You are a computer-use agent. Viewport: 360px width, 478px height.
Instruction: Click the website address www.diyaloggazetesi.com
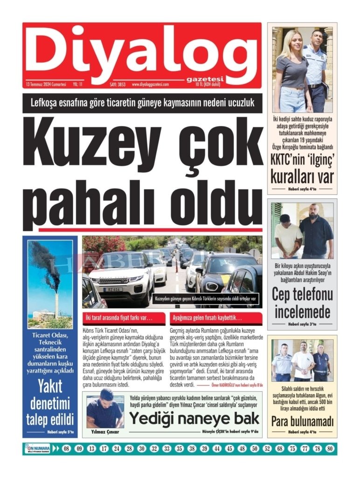(157, 84)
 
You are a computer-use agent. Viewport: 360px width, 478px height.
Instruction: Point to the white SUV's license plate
(113, 289)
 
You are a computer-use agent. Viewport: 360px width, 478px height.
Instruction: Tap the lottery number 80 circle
(330, 449)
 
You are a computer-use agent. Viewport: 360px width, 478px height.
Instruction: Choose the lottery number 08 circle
(67, 449)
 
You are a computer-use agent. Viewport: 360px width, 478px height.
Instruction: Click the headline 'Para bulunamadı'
(303, 422)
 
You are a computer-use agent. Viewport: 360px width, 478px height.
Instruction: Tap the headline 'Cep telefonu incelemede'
(303, 303)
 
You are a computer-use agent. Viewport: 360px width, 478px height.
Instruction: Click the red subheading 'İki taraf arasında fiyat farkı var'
(118, 318)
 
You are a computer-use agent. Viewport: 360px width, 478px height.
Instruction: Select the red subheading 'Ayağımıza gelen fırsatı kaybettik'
(207, 318)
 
